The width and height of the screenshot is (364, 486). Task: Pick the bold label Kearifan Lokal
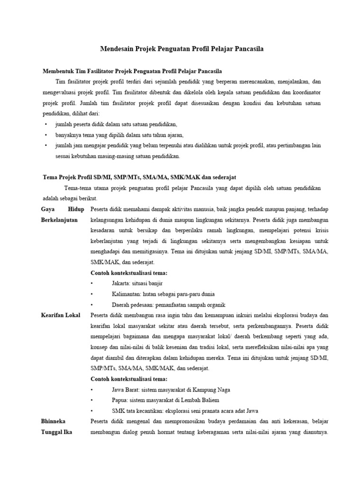[x=61, y=315]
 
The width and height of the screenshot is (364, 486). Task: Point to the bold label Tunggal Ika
[x=57, y=432]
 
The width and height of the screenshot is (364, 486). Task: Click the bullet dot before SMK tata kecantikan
[x=92, y=411]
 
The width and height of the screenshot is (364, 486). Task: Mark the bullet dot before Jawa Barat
[x=92, y=390]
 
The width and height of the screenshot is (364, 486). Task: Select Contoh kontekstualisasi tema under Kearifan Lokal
[x=128, y=379]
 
